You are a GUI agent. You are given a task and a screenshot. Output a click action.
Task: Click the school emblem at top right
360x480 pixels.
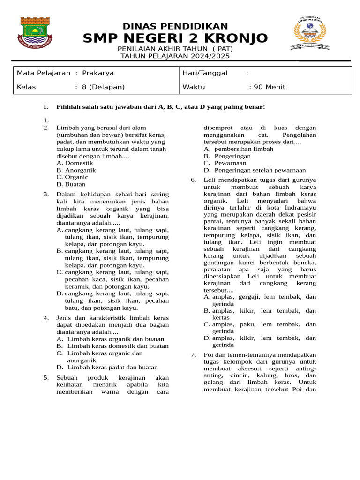click(312, 34)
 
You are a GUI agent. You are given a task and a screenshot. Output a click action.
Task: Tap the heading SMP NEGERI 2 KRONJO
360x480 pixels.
click(175, 38)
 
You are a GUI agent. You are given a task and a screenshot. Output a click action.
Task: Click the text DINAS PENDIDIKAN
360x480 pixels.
click(175, 26)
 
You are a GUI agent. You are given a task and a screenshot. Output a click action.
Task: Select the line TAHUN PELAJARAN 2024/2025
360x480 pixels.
click(175, 56)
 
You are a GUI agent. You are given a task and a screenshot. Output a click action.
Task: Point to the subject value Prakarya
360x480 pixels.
click(98, 73)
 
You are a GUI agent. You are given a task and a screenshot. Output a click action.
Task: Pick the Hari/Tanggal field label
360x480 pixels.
click(205, 73)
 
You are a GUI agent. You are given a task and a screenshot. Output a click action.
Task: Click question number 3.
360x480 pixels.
click(46, 194)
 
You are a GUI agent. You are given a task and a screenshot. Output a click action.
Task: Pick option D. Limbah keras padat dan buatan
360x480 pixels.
click(107, 367)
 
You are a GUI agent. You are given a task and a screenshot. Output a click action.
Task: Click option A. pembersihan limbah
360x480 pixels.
click(239, 149)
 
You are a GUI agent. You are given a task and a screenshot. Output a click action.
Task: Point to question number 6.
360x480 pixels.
click(193, 180)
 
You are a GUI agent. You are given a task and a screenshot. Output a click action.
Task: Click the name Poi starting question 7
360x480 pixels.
click(209, 355)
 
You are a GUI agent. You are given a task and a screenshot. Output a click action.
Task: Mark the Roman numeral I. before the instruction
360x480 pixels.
click(45, 107)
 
